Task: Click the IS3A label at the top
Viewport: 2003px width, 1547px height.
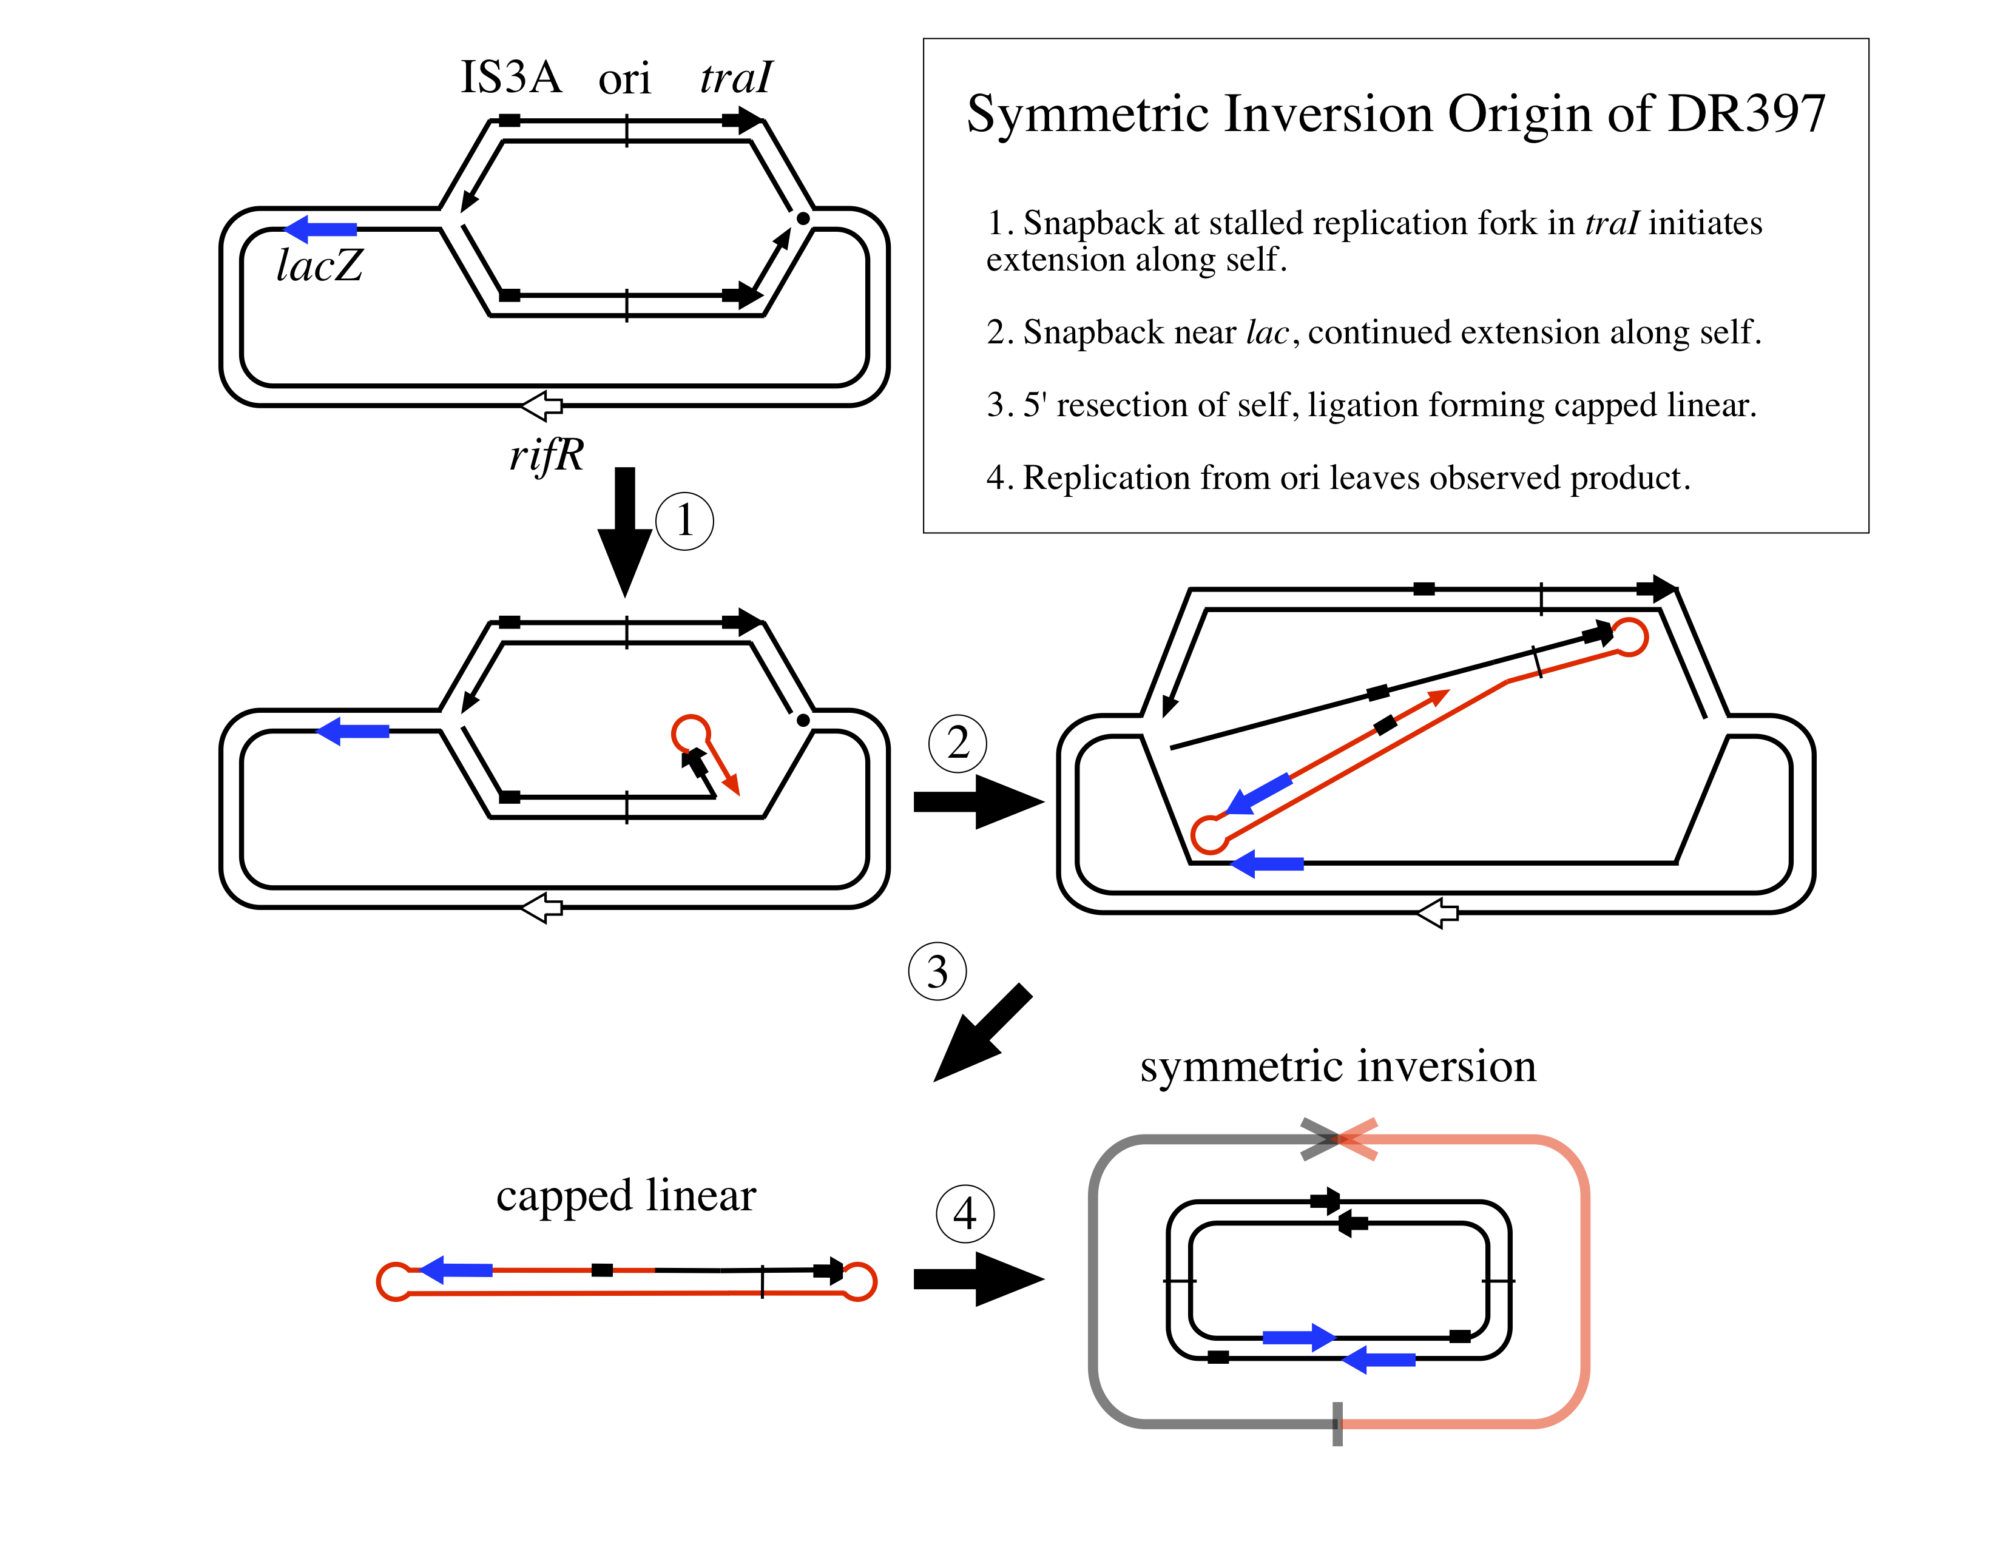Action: point(510,77)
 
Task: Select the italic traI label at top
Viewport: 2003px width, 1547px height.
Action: point(735,77)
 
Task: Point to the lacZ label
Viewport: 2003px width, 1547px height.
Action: point(319,266)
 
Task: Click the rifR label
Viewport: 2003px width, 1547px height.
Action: point(547,455)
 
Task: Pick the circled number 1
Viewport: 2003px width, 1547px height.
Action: point(684,521)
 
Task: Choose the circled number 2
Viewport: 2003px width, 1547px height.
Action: point(958,743)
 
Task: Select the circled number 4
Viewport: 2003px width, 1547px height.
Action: point(964,1213)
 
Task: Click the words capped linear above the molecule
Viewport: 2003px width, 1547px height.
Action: point(626,1195)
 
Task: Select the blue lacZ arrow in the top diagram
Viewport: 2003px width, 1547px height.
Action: point(321,229)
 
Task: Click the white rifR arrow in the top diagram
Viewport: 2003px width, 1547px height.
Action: point(542,405)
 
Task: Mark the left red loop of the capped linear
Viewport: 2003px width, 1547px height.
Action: point(395,1281)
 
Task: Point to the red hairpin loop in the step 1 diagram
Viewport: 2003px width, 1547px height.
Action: point(691,733)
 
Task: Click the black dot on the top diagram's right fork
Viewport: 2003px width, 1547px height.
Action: point(803,218)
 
